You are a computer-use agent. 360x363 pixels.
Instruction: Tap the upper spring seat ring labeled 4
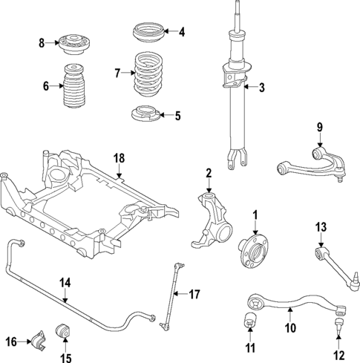click(x=148, y=33)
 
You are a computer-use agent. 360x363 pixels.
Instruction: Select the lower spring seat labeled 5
click(x=146, y=115)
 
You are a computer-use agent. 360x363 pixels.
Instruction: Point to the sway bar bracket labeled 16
click(x=38, y=341)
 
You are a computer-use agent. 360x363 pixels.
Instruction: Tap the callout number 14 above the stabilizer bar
click(x=65, y=282)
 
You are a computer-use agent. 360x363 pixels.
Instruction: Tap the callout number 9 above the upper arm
click(x=321, y=127)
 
